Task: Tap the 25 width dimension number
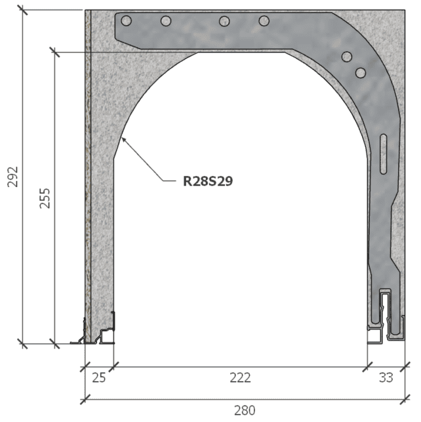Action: click(x=98, y=377)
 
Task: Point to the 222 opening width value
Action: click(x=240, y=377)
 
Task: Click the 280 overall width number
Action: click(x=245, y=410)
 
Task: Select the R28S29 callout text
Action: click(x=207, y=180)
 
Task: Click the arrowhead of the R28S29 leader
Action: click(x=123, y=138)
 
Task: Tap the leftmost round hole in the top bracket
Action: click(x=127, y=20)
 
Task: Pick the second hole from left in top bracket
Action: click(x=166, y=21)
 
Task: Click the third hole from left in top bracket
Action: click(x=224, y=21)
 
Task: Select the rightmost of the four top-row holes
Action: click(x=264, y=21)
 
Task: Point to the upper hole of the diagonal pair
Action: click(x=346, y=57)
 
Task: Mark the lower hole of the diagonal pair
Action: click(x=360, y=72)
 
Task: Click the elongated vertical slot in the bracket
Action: click(x=384, y=152)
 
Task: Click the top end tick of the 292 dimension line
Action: click(x=23, y=11)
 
